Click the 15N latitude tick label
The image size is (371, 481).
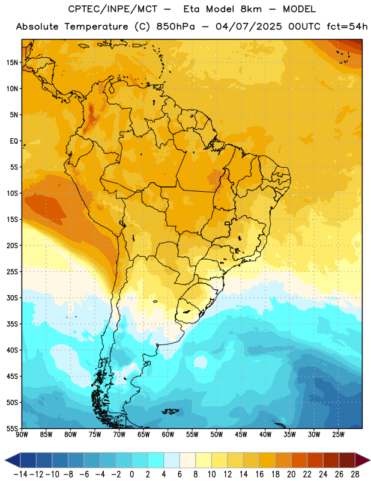tap(12, 63)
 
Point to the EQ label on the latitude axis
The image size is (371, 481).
tap(14, 141)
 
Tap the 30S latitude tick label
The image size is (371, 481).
tap(12, 298)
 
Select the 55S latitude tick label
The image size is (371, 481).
tap(12, 428)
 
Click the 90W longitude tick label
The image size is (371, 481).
tap(22, 434)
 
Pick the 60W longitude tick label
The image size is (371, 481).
tap(168, 434)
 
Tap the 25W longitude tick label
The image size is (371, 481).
tap(338, 434)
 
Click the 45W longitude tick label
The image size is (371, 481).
tap(241, 434)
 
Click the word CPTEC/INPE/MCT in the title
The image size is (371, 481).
tap(113, 9)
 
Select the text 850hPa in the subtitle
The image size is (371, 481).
tap(175, 26)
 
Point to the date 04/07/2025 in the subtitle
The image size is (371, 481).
tap(249, 26)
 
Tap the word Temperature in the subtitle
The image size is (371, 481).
tap(96, 26)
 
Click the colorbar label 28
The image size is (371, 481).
tap(355, 474)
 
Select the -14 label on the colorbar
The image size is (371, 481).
tap(21, 474)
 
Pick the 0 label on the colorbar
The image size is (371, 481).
tap(131, 474)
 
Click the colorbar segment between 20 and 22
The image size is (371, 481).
tap(300, 461)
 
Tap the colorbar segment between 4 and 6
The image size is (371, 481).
tap(172, 461)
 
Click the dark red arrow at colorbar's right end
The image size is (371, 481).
tap(363, 461)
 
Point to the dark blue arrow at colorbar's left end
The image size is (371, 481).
tap(13, 461)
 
